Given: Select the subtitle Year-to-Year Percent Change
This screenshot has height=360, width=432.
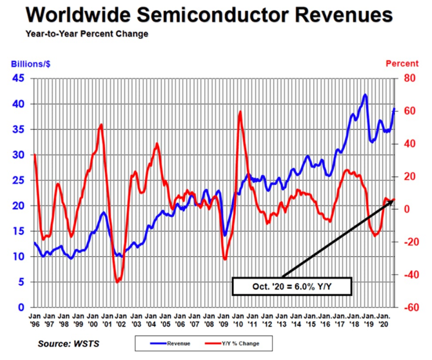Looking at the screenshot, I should [x=87, y=34].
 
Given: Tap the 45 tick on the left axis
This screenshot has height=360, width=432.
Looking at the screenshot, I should [x=19, y=78].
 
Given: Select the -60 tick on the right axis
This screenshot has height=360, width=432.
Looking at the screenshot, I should [x=408, y=308].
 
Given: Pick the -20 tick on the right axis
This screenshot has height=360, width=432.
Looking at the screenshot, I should [x=408, y=242].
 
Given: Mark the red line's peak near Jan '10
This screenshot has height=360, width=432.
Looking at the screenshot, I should [x=240, y=112].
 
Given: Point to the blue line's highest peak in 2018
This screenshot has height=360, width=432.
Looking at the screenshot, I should [x=366, y=95].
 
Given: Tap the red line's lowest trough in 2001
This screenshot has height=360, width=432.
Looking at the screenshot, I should [x=117, y=282].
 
